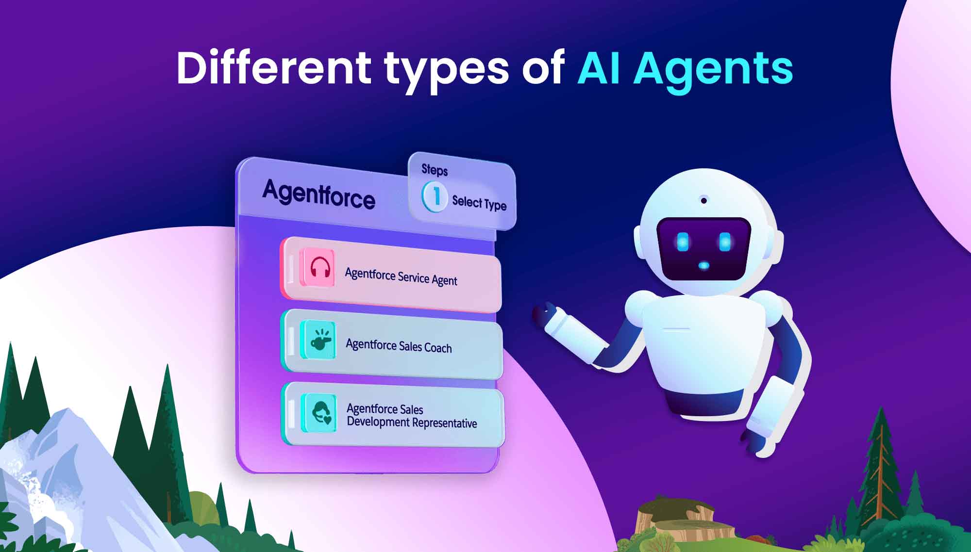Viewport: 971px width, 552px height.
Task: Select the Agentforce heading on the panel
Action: coord(318,194)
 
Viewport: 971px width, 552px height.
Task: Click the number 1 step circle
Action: coord(434,196)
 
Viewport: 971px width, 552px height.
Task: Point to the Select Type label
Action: coord(479,203)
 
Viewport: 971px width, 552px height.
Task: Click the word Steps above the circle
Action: coord(435,170)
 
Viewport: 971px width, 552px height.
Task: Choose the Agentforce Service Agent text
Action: coord(401,276)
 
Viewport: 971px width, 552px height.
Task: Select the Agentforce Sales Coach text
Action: coord(399,346)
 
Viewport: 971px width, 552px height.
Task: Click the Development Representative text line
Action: coord(412,422)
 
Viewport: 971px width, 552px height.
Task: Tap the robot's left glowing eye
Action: coord(683,241)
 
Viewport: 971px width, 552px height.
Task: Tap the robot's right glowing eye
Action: coord(725,241)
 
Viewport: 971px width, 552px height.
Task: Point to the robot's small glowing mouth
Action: coord(703,266)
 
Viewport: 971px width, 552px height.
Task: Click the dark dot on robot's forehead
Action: coord(703,199)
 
